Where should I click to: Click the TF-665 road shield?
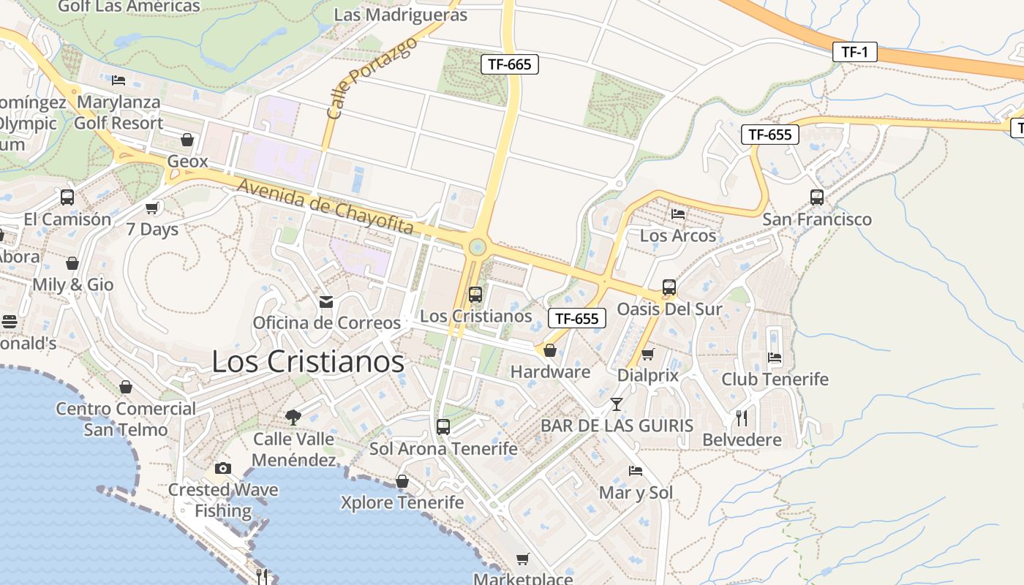tap(510, 64)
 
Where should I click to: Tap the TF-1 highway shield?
tap(854, 52)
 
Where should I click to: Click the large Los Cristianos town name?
tap(308, 361)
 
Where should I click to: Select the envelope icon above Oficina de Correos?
tap(326, 301)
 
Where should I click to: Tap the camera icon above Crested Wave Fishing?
tap(223, 468)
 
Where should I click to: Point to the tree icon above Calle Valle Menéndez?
tap(293, 418)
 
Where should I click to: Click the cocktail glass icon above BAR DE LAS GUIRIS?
tap(617, 404)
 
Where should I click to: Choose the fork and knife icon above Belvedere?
tap(742, 418)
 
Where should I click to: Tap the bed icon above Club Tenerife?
tap(775, 358)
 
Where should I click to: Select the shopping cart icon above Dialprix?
tap(647, 355)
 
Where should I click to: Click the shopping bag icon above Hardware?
tap(550, 351)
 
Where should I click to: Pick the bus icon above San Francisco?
tap(817, 197)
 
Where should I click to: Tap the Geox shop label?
tap(188, 161)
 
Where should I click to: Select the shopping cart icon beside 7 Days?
tap(152, 208)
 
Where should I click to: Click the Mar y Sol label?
tap(636, 493)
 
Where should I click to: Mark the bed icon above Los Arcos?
tap(678, 214)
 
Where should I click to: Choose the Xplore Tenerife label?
tap(402, 502)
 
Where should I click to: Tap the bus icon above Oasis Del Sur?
tap(669, 287)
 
